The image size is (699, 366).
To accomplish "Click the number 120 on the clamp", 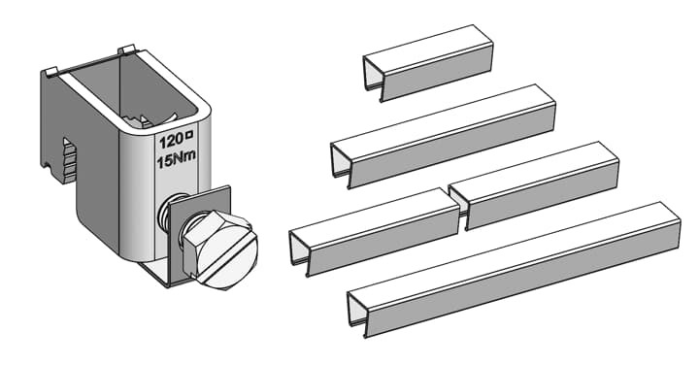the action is coord(171,142).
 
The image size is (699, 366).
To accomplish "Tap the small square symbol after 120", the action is coord(189,134).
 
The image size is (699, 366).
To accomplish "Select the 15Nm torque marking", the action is coord(176,159).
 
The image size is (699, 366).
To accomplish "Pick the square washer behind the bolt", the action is coord(201,234).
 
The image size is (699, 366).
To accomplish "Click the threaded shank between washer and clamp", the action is coord(166,211).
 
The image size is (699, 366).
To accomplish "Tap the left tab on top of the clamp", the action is coord(50,71).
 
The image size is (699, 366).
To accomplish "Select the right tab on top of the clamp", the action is coord(126,49).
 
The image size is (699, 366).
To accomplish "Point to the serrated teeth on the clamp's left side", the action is coord(69,159).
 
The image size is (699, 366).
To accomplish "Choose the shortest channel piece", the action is coord(428,63).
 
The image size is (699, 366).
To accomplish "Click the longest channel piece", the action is coord(514,270).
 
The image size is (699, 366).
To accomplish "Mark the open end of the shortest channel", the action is coord(373,76).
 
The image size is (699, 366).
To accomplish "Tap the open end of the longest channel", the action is coord(356,313).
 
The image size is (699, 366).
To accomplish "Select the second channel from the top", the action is coord(443,136).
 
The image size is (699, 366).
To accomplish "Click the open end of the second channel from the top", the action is coord(340,164).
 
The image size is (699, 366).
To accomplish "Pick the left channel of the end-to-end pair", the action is coord(375,232).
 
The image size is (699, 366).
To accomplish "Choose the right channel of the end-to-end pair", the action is coord(534,185).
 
